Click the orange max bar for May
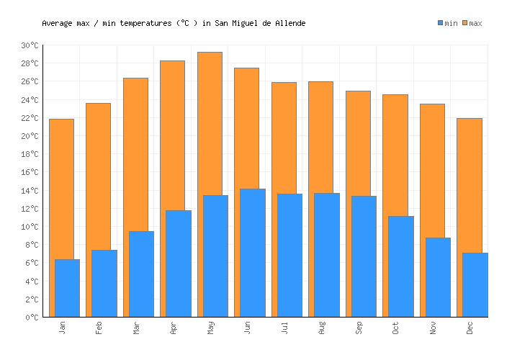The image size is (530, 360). pos(210,122)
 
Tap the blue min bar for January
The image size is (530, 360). pos(67,288)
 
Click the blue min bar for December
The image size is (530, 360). pos(475,284)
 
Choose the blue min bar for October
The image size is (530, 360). pos(401,266)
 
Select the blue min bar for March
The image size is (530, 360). pos(141,274)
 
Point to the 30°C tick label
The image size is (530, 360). pos(30,45)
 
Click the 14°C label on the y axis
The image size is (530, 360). pos(30,191)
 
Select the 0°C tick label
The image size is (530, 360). pos(32,318)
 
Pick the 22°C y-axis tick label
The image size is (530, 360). pos(30,118)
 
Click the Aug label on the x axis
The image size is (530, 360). pos(322,328)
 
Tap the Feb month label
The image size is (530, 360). pos(99,328)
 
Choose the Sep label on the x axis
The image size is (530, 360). pos(359,328)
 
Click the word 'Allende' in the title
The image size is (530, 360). pos(290,24)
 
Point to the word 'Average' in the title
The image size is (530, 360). pos(57,24)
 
